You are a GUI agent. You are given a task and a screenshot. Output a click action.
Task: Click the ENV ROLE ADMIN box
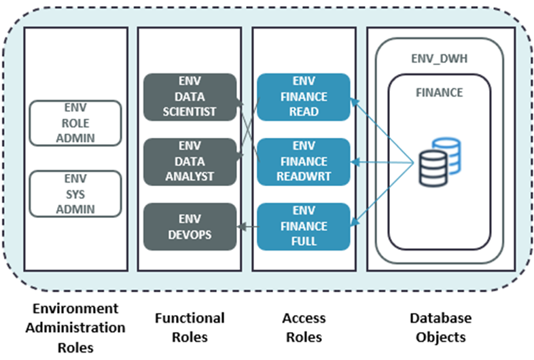point(76,123)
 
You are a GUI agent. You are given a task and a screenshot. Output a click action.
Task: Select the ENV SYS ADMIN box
point(76,194)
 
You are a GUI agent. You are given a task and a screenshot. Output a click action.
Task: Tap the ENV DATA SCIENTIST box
point(190,97)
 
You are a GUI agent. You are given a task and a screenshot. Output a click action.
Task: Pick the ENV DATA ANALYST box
point(190,161)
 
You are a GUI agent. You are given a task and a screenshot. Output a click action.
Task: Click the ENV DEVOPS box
point(190,226)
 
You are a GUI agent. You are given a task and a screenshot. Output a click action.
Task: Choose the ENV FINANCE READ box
point(303,97)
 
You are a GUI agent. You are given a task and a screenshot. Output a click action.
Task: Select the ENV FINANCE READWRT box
point(303,161)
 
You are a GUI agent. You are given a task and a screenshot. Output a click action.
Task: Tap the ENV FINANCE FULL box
point(303,226)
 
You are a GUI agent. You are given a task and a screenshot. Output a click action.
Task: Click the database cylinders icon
point(439,161)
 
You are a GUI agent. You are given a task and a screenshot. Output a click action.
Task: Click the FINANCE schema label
point(440,92)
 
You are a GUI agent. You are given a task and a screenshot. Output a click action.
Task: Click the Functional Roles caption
point(190,326)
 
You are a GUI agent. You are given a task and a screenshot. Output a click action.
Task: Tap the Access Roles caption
point(303,326)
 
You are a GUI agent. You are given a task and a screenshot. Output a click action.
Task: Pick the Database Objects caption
point(440,326)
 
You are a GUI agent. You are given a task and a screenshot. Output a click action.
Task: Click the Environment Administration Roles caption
point(75,327)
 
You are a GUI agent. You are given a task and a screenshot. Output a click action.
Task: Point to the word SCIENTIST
point(190,111)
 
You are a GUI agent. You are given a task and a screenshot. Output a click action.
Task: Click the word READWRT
point(303,175)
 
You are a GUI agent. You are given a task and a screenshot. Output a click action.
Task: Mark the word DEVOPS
point(190,233)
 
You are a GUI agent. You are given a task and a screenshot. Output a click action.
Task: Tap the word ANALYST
point(190,175)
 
